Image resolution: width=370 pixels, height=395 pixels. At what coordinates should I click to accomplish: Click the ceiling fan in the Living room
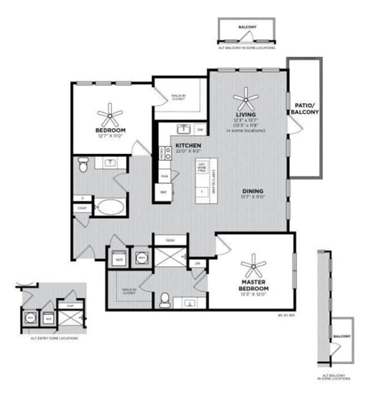click(247, 98)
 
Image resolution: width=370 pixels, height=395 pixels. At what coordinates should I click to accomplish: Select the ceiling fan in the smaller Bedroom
click(113, 115)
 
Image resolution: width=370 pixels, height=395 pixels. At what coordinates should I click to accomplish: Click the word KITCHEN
click(188, 146)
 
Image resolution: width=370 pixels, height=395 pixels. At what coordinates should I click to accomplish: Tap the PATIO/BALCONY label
click(302, 109)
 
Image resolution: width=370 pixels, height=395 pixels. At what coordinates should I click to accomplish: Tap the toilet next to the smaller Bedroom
click(85, 163)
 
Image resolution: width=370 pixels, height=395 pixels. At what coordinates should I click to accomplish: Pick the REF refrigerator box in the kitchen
click(164, 191)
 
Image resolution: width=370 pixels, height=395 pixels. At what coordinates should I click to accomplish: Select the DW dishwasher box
click(199, 129)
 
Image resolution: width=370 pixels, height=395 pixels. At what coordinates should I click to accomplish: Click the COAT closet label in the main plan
click(82, 208)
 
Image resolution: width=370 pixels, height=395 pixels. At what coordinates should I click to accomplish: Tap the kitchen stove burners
click(164, 152)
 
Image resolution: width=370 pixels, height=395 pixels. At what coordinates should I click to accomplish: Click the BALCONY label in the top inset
click(247, 26)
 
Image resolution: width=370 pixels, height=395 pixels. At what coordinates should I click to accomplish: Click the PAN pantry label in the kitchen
click(164, 176)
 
